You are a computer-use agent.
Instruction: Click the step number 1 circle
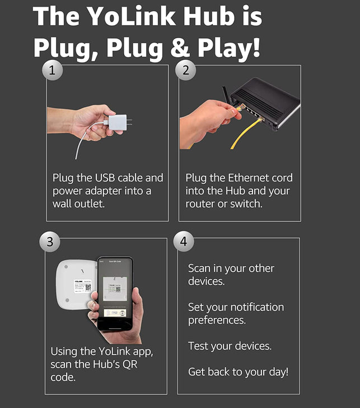pyautogui.click(x=53, y=70)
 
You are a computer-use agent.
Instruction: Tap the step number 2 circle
pyautogui.click(x=185, y=70)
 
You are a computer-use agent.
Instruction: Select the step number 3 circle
pyautogui.click(x=50, y=242)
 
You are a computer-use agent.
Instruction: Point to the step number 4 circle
pyautogui.click(x=184, y=242)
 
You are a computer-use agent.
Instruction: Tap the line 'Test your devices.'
pyautogui.click(x=230, y=346)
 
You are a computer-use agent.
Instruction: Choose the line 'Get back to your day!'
pyautogui.click(x=238, y=372)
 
